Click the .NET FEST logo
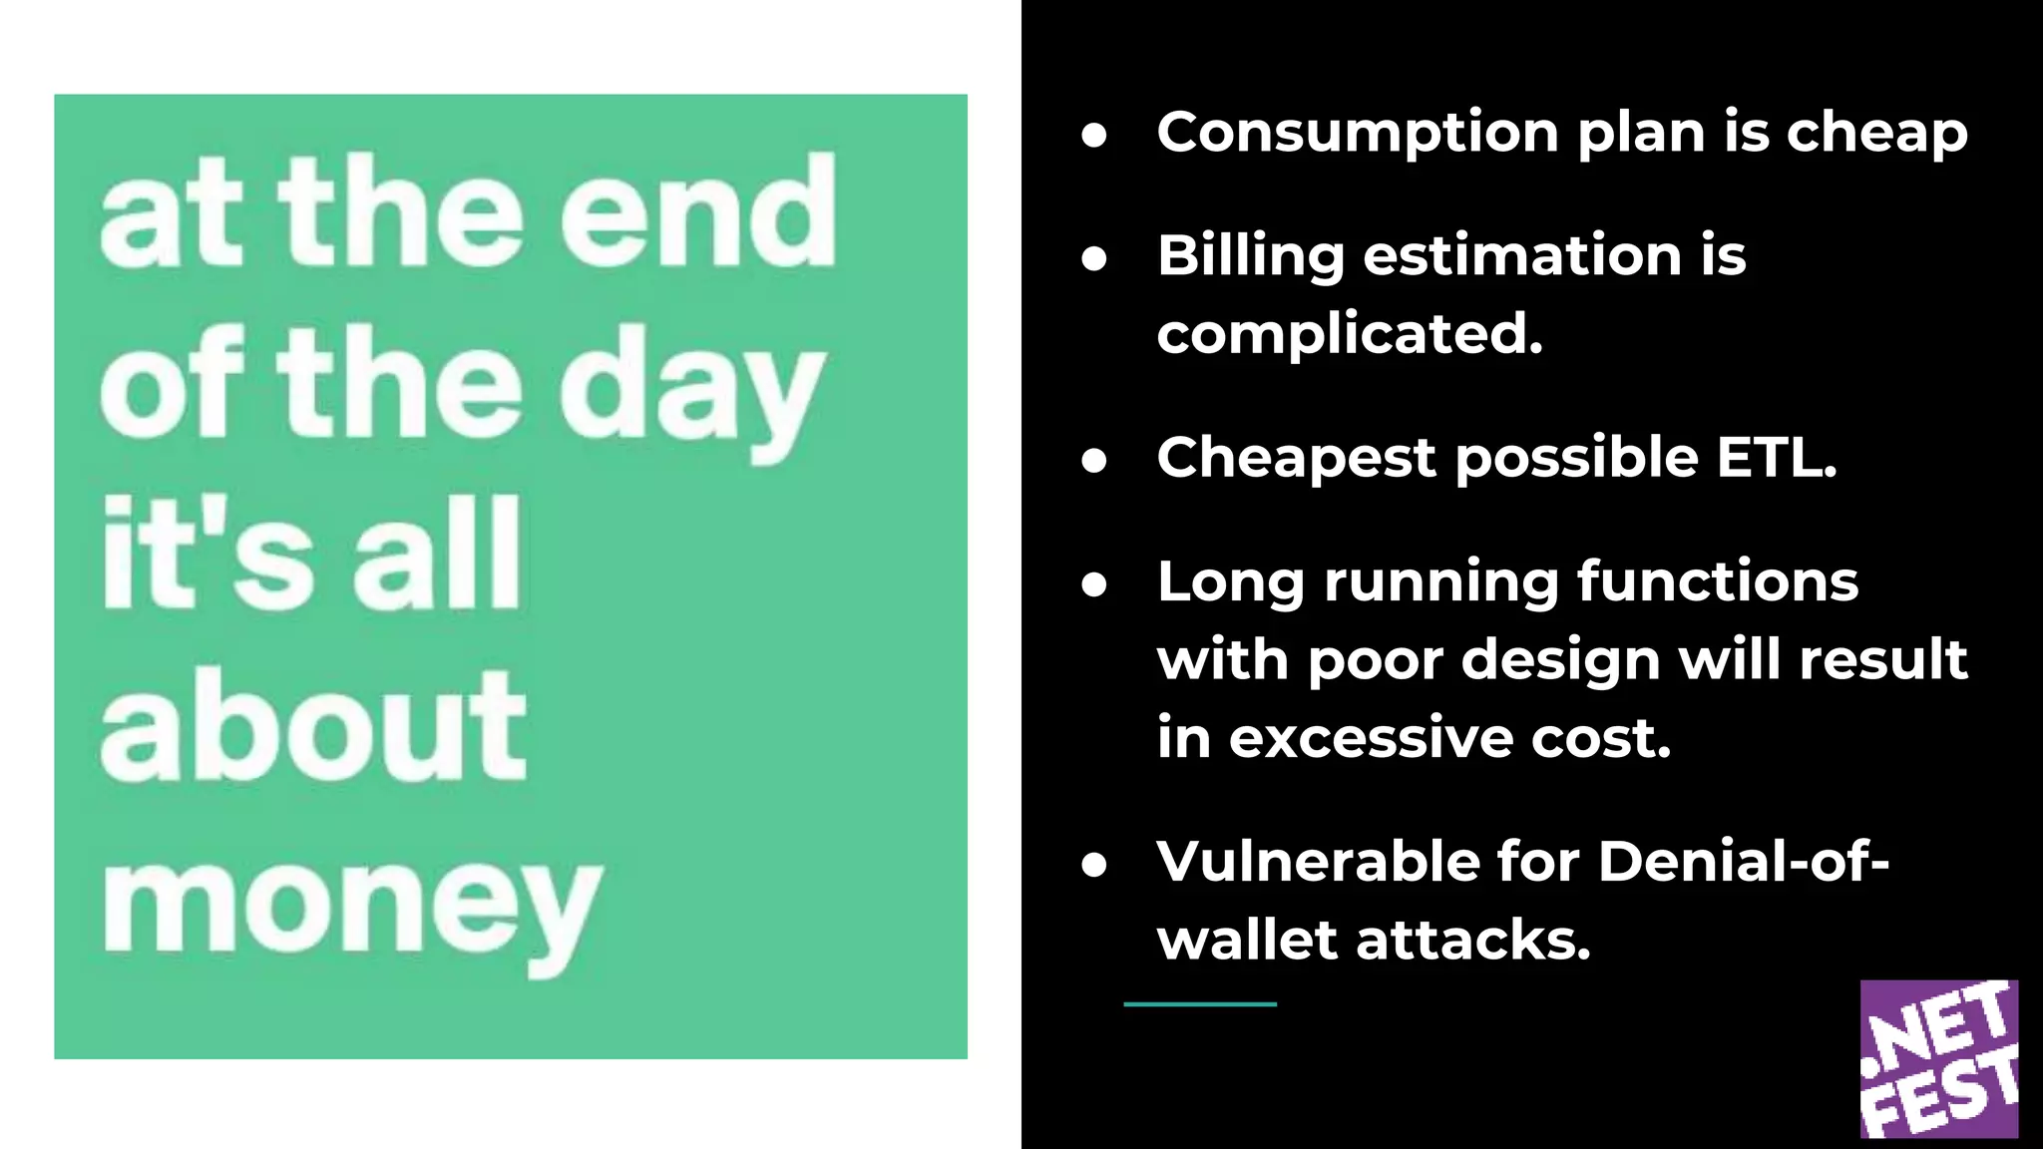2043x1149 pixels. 1938,1058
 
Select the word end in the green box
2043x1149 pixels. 697,214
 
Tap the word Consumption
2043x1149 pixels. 1357,133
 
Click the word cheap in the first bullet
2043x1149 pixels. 1876,133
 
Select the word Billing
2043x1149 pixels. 1251,256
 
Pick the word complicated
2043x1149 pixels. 1350,334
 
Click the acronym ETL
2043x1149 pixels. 1776,458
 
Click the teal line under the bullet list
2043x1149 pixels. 1200,1004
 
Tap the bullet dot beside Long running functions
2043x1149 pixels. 1094,585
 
